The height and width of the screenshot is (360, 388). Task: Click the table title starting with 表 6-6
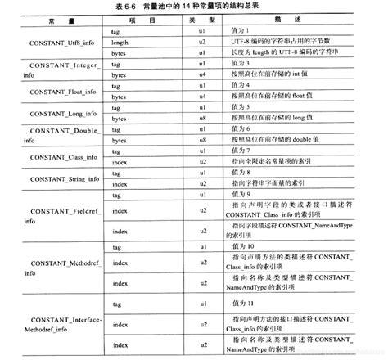click(x=194, y=7)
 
